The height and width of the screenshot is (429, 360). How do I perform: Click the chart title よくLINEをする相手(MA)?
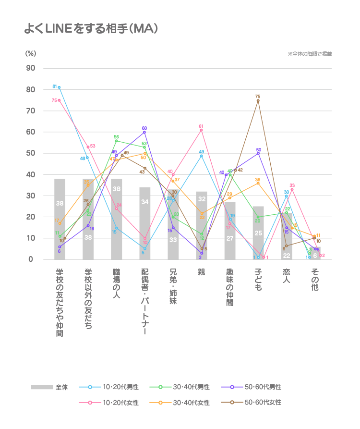point(91,29)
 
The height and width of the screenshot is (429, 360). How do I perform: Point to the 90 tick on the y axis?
point(30,68)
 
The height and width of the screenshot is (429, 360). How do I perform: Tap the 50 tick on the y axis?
point(30,153)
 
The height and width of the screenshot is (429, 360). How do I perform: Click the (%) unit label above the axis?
point(31,53)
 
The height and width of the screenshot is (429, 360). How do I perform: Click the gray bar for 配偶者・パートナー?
point(145,223)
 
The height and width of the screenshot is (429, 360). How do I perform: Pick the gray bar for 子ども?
point(258,233)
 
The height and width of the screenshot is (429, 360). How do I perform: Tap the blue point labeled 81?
point(60,87)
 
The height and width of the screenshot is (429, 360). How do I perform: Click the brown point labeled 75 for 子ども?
point(258,100)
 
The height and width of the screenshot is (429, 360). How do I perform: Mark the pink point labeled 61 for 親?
point(202,130)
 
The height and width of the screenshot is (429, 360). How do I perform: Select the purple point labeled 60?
point(144,132)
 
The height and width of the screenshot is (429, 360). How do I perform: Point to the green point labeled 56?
point(116,141)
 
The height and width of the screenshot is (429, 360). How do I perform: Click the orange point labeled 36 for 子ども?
point(258,183)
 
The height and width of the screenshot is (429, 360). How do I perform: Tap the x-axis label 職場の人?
point(116,283)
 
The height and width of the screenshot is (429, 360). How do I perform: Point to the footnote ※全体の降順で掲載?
point(310,54)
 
